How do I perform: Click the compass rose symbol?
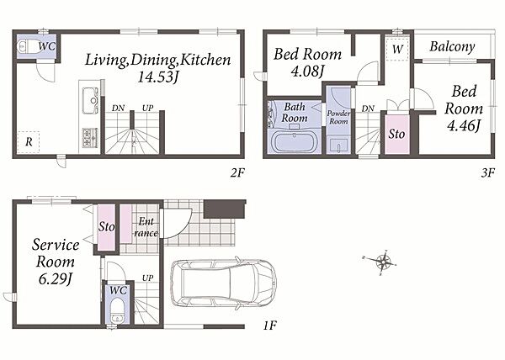tap(383, 262)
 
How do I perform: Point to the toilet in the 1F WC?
tap(117, 310)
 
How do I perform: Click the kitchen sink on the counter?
tap(90, 100)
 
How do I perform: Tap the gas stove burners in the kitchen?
tap(90, 138)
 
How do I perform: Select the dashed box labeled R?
tap(29, 142)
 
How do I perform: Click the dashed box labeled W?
tap(397, 49)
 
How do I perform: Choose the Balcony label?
tap(452, 47)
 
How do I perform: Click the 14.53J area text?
tap(158, 77)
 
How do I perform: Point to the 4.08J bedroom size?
tap(307, 71)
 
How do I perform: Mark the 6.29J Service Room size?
tap(55, 278)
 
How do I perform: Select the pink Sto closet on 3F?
tap(397, 134)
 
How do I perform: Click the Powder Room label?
tap(338, 118)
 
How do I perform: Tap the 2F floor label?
tap(237, 173)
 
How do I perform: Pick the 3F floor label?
tap(487, 173)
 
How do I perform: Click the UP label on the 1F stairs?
tap(148, 278)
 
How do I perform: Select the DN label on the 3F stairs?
tap(368, 109)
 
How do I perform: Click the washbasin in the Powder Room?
tap(338, 146)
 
